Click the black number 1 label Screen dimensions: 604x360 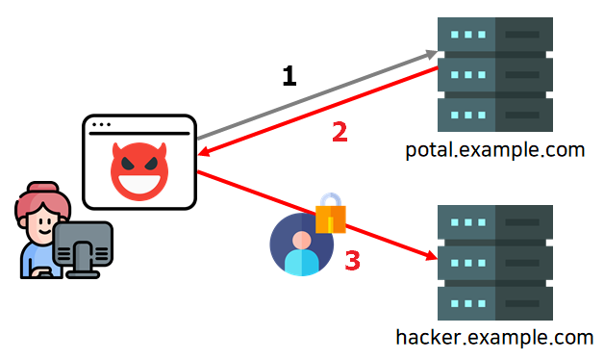[x=289, y=75]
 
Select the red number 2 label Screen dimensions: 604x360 [x=340, y=132]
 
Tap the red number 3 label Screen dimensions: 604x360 [x=352, y=260]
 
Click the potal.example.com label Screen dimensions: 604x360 [x=495, y=150]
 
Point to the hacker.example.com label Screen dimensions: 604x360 [x=494, y=338]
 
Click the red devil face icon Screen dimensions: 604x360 [x=139, y=171]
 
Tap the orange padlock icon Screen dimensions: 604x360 [x=331, y=213]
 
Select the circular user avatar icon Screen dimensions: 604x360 [x=302, y=244]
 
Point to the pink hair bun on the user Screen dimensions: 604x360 [x=42, y=188]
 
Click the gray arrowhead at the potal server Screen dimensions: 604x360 [x=431, y=54]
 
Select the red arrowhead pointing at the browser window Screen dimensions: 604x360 [x=204, y=152]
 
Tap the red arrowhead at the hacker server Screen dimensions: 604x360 [x=432, y=255]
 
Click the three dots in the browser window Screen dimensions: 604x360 [x=101, y=124]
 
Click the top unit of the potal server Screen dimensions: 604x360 [x=495, y=35]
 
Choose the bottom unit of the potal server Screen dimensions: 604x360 [x=495, y=115]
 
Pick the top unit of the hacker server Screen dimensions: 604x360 [x=495, y=222]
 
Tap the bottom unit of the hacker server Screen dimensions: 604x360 [x=495, y=303]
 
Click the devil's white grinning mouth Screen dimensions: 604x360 [x=139, y=184]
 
